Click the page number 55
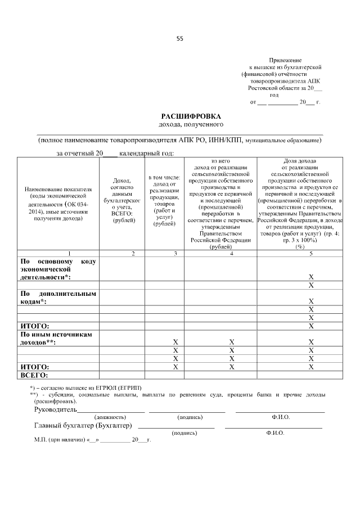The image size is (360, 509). tap(180, 39)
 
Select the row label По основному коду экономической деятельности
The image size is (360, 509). tap(58, 269)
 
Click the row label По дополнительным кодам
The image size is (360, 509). tap(58, 298)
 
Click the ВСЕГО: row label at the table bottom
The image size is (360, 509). tap(34, 375)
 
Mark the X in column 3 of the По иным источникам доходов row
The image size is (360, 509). tap(175, 342)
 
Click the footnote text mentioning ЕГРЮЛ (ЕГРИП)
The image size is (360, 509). tap(90, 388)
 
